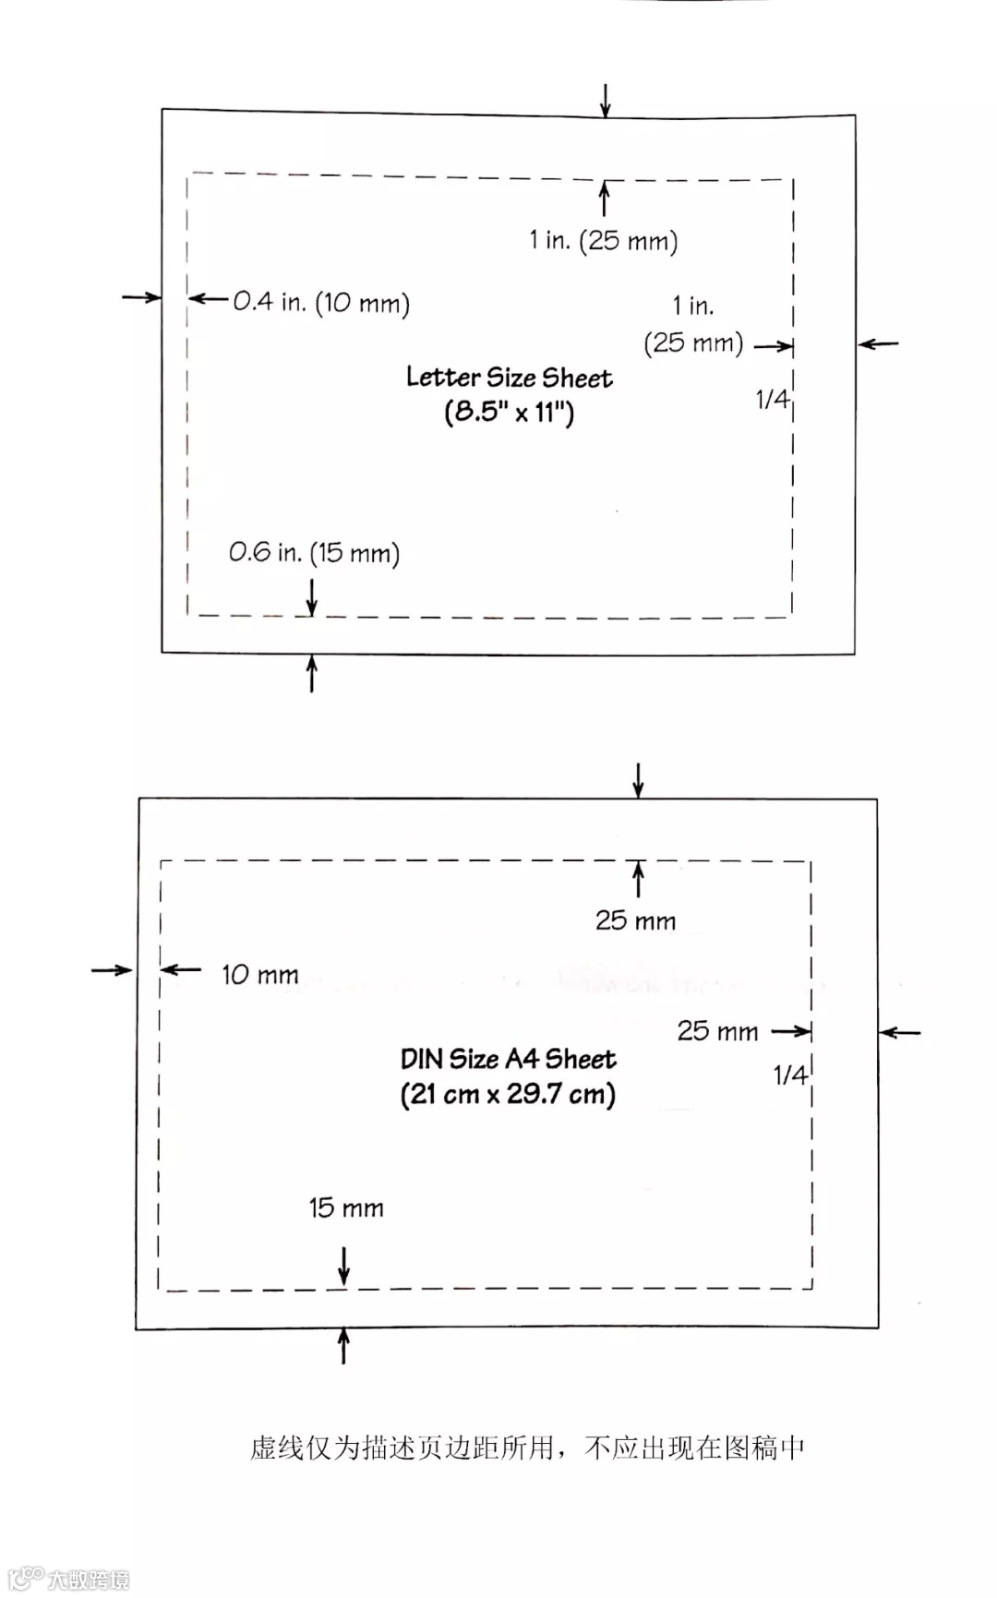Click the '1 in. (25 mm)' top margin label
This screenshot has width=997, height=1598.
(603, 241)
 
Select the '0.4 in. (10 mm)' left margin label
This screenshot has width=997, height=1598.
(320, 303)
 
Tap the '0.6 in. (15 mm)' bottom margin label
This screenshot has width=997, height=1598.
(314, 553)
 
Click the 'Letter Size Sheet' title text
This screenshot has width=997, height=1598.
(509, 378)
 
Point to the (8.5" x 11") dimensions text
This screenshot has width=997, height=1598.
(509, 412)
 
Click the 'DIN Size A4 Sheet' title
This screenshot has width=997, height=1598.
(508, 1059)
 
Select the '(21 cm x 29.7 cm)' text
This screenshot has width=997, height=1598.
(508, 1095)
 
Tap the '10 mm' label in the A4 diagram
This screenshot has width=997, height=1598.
(259, 975)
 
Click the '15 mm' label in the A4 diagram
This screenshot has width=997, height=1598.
(345, 1208)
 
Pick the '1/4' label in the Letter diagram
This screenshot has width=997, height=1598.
(772, 399)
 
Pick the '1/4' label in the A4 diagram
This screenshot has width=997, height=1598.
(789, 1075)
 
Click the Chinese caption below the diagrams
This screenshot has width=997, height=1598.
(526, 1448)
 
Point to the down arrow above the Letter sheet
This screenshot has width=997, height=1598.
(605, 100)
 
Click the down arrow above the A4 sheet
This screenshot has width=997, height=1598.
(638, 780)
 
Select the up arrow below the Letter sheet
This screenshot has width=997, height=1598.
(312, 673)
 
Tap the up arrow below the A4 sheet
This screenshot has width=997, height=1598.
(344, 1345)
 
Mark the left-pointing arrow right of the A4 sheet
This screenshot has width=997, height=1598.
(900, 1032)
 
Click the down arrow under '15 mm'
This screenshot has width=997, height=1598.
(344, 1265)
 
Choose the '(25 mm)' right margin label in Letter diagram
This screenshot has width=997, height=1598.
(693, 343)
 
